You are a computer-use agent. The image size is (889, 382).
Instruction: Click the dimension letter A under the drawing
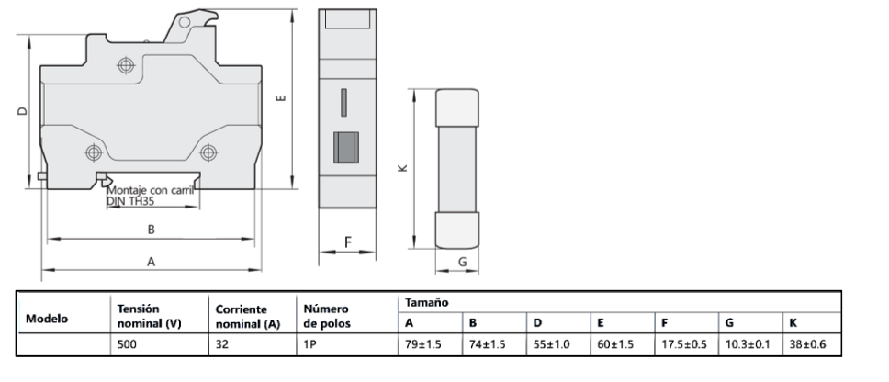[152, 262]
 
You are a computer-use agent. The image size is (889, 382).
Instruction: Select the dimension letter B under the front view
[152, 228]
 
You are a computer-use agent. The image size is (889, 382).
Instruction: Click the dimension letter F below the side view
[347, 242]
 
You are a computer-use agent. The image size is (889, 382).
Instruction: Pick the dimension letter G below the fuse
[462, 262]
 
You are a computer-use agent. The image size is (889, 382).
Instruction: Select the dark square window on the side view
[344, 147]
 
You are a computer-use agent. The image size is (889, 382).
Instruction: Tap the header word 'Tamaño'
[425, 302]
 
